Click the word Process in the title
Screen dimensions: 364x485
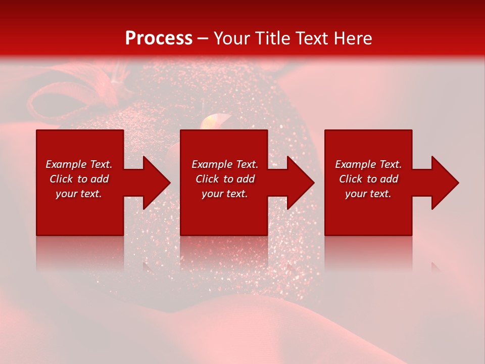(159, 38)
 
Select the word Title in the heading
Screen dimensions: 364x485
(274, 38)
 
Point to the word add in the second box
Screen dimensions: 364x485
(246, 179)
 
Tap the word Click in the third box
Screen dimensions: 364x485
(351, 179)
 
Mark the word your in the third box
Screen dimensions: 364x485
(356, 194)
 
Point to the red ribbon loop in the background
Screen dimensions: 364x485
(48, 101)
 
